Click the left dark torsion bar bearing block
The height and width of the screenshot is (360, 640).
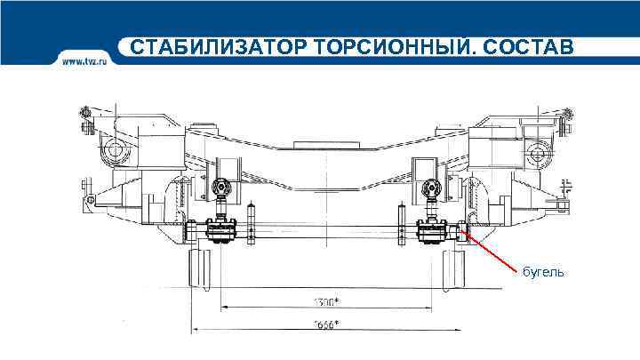pyautogui.click(x=219, y=231)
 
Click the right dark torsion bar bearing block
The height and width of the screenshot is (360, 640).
pyautogui.click(x=432, y=232)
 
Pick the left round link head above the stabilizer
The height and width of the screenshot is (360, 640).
pyautogui.click(x=222, y=188)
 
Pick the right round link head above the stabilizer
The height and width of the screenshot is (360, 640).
pyautogui.click(x=433, y=188)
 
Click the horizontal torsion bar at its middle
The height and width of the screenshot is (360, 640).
pyautogui.click(x=325, y=231)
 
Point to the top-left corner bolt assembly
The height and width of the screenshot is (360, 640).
pyautogui.click(x=85, y=118)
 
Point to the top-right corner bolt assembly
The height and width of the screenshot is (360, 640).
pyautogui.click(x=567, y=118)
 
